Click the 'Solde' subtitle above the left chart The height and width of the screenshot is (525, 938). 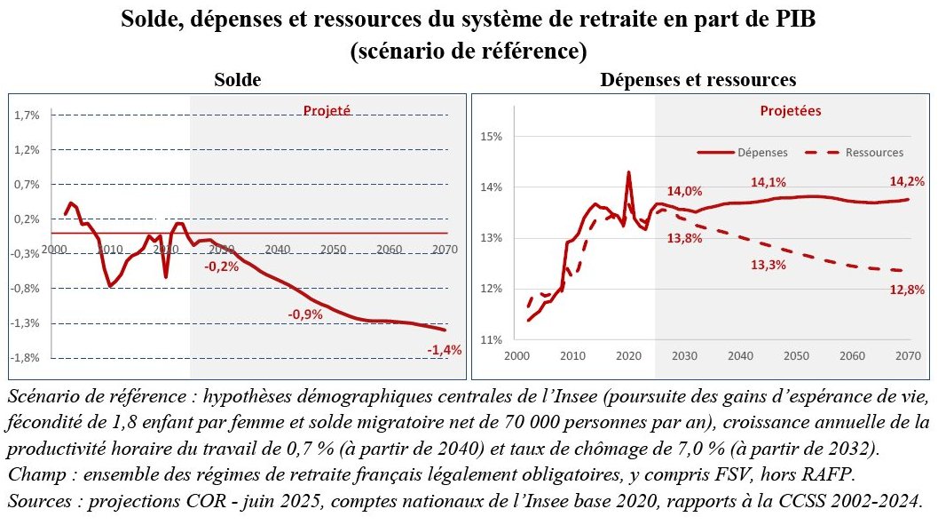pyautogui.click(x=238, y=80)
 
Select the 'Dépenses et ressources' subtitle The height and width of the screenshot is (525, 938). pyautogui.click(x=698, y=80)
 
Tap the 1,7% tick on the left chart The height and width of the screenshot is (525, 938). pyautogui.click(x=27, y=115)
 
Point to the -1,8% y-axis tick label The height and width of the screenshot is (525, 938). pyautogui.click(x=25, y=358)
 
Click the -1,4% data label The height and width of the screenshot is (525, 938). pyautogui.click(x=445, y=350)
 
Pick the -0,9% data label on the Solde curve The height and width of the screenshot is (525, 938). pyautogui.click(x=305, y=314)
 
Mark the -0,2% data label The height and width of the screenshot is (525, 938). pyautogui.click(x=221, y=267)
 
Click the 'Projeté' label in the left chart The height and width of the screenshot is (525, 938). pyautogui.click(x=327, y=111)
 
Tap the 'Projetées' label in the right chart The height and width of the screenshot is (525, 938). pyautogui.click(x=790, y=111)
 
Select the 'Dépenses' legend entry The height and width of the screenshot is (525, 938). pyautogui.click(x=743, y=153)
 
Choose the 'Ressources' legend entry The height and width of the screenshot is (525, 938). pyautogui.click(x=855, y=153)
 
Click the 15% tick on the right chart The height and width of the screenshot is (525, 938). pyautogui.click(x=491, y=137)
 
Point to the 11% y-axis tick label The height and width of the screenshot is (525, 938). pyautogui.click(x=491, y=340)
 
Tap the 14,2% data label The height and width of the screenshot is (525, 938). pyautogui.click(x=907, y=181)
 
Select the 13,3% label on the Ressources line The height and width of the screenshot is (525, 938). pyautogui.click(x=769, y=265)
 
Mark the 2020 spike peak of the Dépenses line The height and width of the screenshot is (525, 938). pyautogui.click(x=628, y=172)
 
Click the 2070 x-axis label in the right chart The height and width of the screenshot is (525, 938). pyautogui.click(x=908, y=355)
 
